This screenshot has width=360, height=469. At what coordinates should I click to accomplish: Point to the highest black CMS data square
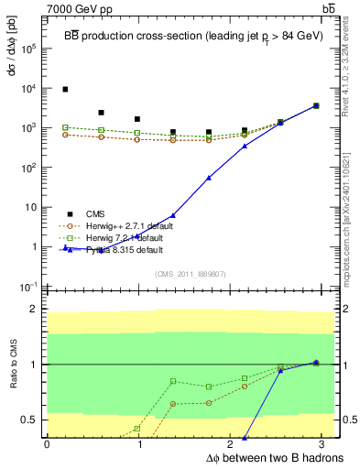coord(65,89)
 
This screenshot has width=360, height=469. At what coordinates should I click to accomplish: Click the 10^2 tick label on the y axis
coord(27,168)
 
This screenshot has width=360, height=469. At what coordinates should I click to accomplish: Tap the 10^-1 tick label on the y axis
coord(27,287)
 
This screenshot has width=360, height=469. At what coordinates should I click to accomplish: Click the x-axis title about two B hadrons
coord(276,457)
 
